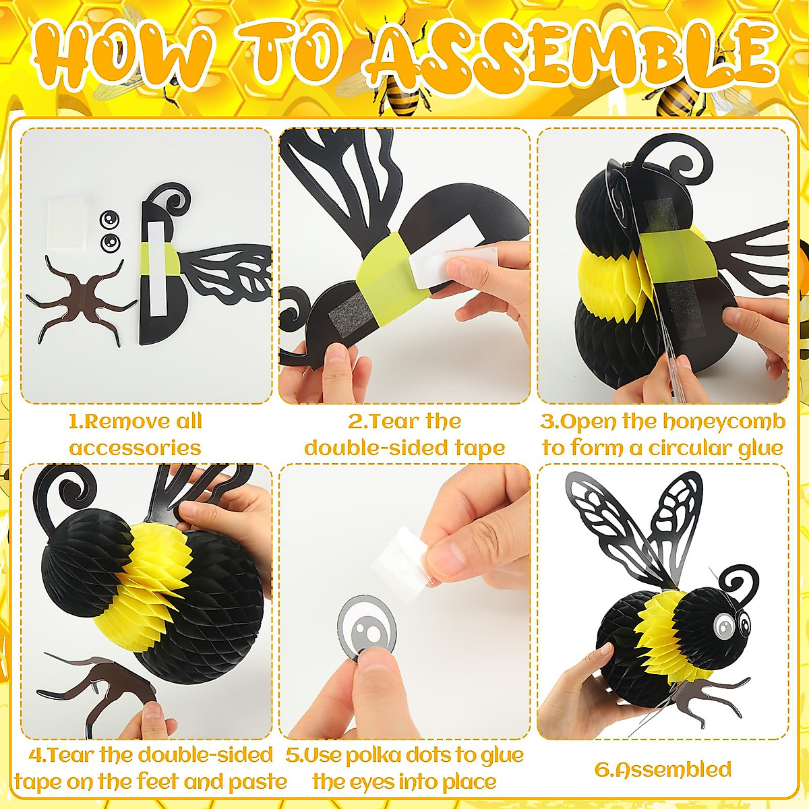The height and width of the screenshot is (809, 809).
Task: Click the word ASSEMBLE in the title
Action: (x=570, y=53)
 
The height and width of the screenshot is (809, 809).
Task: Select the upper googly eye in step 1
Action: (x=109, y=220)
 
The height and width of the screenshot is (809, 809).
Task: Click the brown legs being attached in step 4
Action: (x=101, y=681)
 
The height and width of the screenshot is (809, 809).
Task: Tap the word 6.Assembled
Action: (x=663, y=769)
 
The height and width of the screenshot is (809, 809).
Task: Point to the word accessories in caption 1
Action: (x=135, y=448)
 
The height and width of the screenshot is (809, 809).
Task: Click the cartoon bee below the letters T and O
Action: (x=398, y=94)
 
